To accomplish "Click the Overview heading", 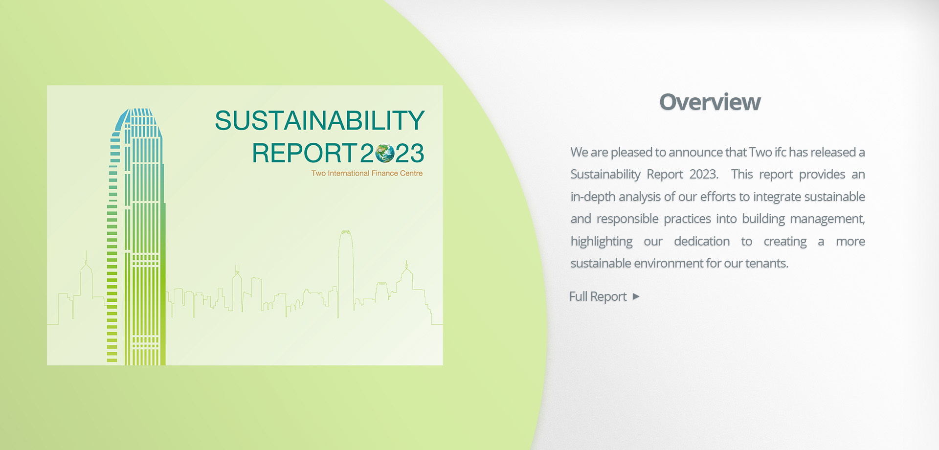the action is pyautogui.click(x=710, y=102).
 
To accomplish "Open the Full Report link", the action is pyautogui.click(x=598, y=296).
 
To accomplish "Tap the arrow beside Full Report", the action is pyautogui.click(x=636, y=296).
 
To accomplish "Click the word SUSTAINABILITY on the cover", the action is pyautogui.click(x=319, y=120).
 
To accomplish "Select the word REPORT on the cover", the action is pyautogui.click(x=304, y=153).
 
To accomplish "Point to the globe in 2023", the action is pyautogui.click(x=385, y=153).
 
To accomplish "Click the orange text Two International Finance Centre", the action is pyautogui.click(x=367, y=173).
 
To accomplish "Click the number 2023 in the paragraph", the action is pyautogui.click(x=704, y=175).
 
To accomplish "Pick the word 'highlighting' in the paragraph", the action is pyautogui.click(x=602, y=242).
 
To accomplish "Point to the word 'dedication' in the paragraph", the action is pyautogui.click(x=702, y=241).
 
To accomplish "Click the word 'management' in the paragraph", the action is pyautogui.click(x=827, y=219).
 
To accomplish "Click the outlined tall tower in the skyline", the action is pyautogui.click(x=346, y=274).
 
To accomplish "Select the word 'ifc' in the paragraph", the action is pyautogui.click(x=780, y=152).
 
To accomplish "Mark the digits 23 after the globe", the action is pyautogui.click(x=409, y=153).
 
